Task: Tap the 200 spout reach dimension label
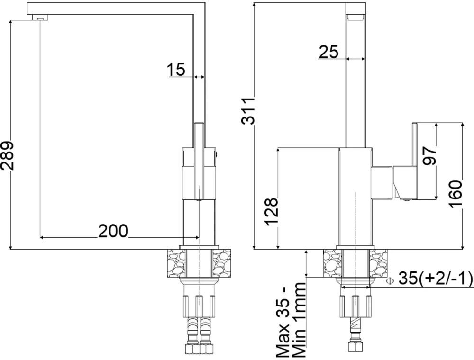113,231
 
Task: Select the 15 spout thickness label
176,70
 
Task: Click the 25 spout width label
328,52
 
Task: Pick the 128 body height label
271,212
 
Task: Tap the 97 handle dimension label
429,155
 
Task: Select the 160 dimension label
456,194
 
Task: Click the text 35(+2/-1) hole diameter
436,279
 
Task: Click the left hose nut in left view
191,349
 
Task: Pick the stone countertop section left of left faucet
175,263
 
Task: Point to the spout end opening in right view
355,17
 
